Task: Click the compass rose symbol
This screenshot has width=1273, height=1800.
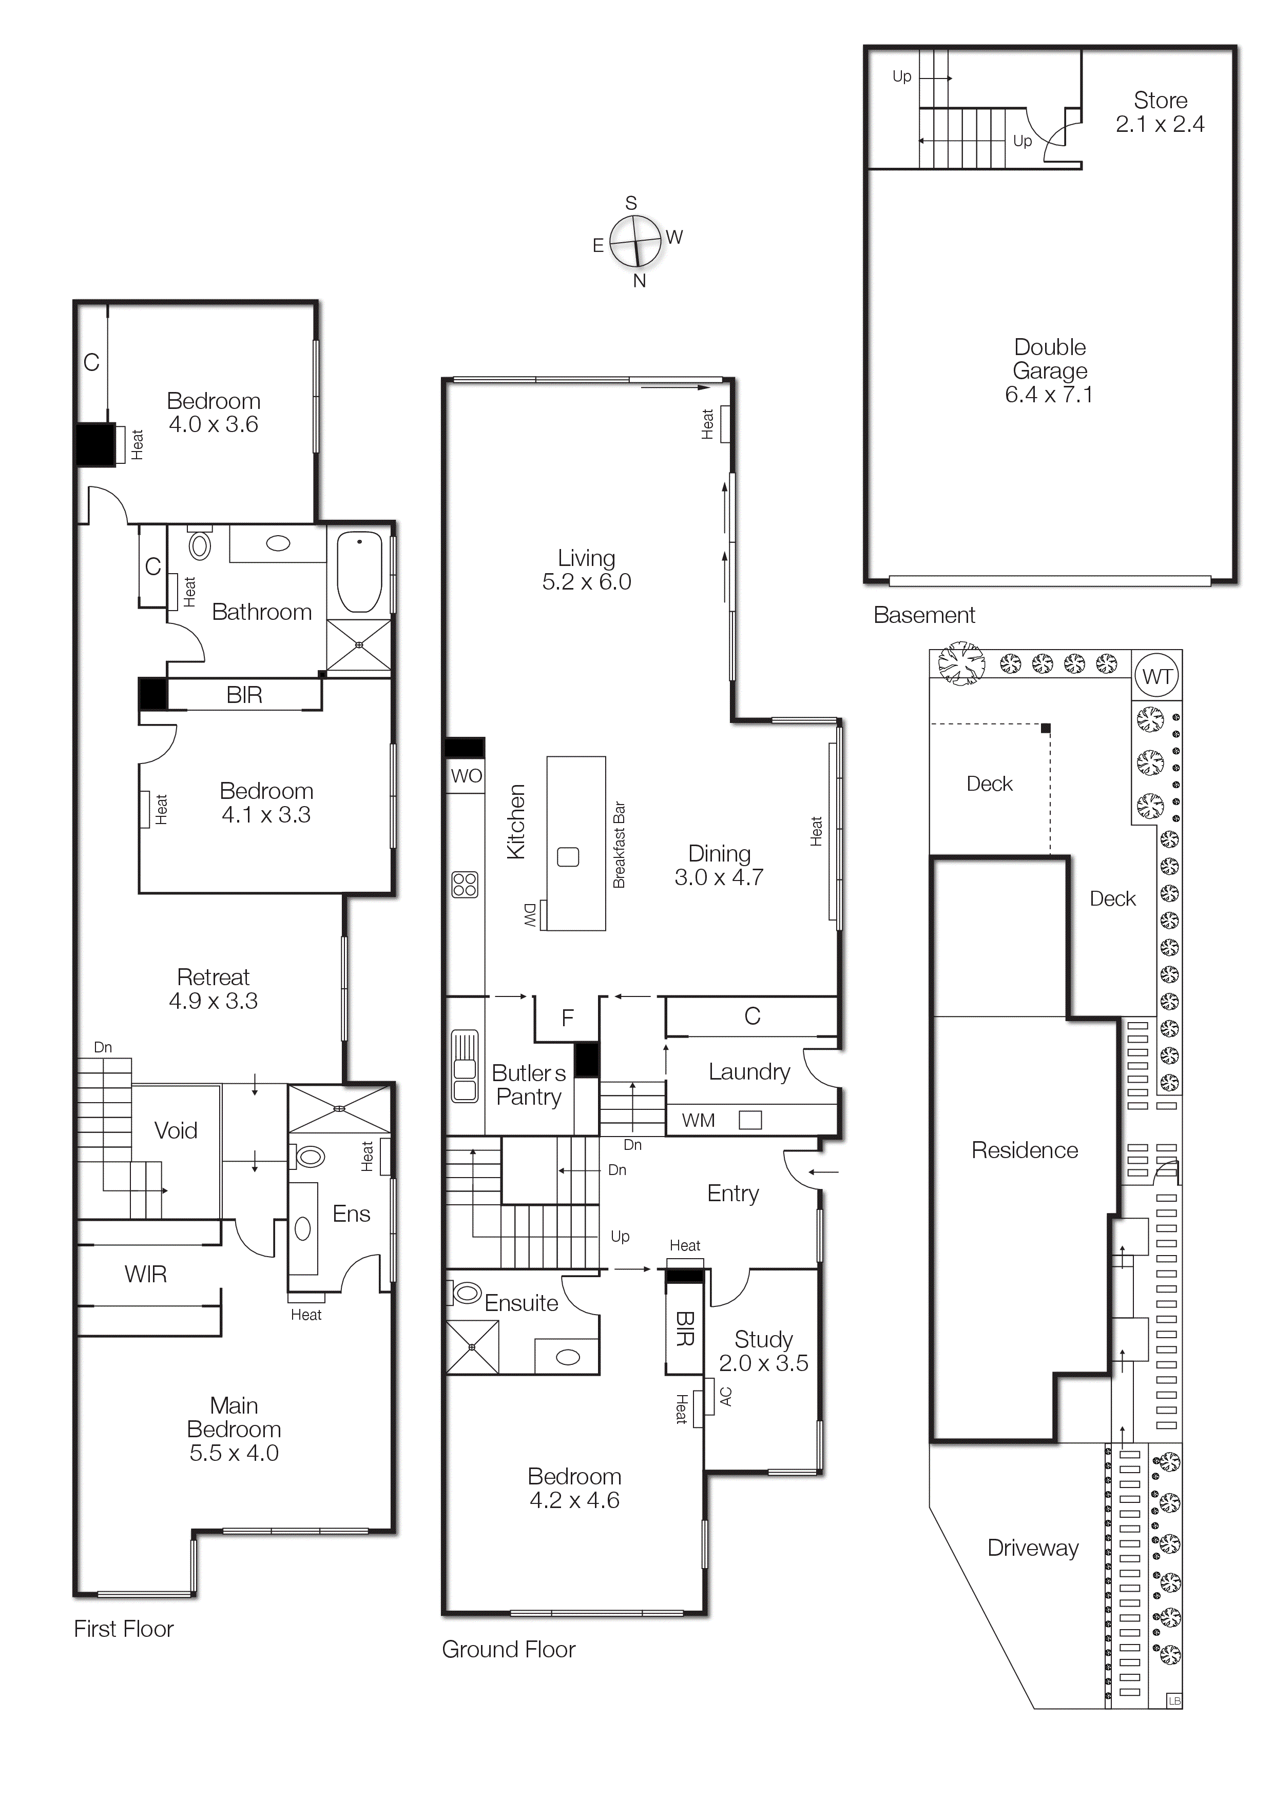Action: click(x=635, y=241)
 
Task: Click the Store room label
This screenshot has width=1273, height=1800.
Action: click(x=1160, y=101)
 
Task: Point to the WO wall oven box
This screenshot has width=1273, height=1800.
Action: click(x=466, y=776)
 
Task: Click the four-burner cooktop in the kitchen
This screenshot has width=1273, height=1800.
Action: click(x=465, y=884)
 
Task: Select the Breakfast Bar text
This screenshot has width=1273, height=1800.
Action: click(x=619, y=845)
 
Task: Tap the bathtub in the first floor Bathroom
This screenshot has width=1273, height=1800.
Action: click(x=359, y=572)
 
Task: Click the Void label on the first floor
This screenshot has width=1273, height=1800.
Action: click(x=176, y=1130)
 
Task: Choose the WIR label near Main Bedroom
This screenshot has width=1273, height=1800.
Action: click(x=146, y=1274)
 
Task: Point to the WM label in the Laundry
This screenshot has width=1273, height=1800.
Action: click(x=698, y=1120)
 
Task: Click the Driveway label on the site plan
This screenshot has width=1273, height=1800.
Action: click(x=1033, y=1548)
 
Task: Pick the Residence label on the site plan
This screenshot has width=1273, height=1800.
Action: click(x=1025, y=1149)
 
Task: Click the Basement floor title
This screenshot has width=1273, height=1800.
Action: click(x=924, y=615)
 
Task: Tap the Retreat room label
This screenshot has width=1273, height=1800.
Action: click(x=214, y=977)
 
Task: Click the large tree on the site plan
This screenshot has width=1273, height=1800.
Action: click(x=961, y=663)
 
